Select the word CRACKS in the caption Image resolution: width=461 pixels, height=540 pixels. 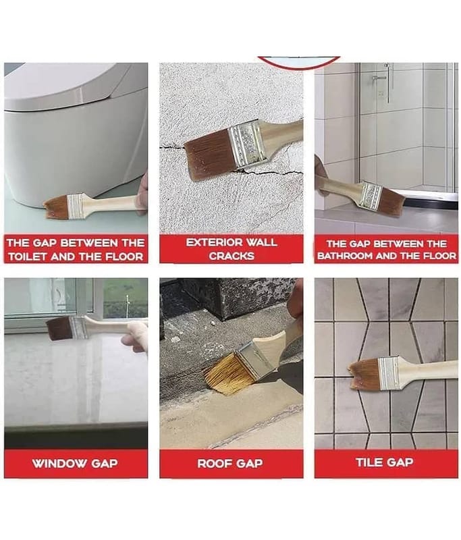232,256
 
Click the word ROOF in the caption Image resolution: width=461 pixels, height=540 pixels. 213,464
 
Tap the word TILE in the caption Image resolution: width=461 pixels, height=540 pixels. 369,462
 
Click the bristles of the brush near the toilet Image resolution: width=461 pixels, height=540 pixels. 55,207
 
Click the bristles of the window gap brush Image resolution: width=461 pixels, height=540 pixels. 60,329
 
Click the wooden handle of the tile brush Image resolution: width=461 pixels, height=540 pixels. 428,371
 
